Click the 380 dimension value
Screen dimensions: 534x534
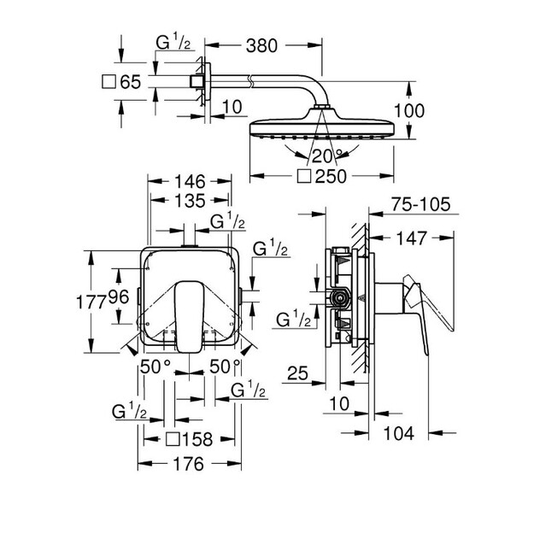click(261, 45)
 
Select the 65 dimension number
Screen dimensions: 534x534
click(131, 82)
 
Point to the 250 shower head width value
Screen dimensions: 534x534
click(331, 176)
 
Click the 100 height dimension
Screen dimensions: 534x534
click(409, 111)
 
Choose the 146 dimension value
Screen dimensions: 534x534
click(190, 181)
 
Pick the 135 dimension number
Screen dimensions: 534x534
click(190, 201)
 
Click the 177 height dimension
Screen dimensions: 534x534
click(91, 302)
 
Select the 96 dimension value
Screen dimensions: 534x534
click(119, 297)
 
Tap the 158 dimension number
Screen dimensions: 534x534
click(197, 439)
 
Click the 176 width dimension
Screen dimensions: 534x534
click(188, 464)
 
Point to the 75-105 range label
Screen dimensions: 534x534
click(421, 204)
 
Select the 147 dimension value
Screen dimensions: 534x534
click(412, 238)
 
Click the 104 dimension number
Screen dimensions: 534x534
click(399, 433)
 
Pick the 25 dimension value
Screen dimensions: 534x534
click(297, 373)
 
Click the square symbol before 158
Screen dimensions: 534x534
click(173, 439)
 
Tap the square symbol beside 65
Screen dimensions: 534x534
click(109, 82)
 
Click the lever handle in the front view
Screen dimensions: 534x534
click(190, 317)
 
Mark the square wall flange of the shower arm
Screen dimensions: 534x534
click(208, 81)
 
